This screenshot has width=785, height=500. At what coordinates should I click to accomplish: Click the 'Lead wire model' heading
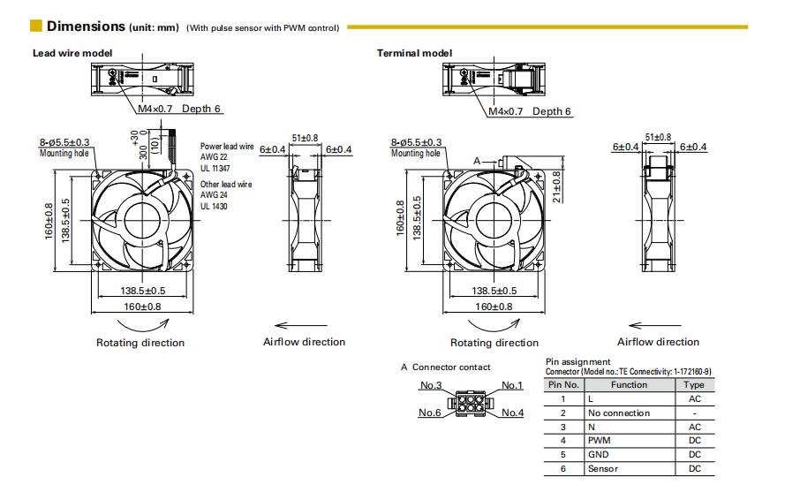[72, 53]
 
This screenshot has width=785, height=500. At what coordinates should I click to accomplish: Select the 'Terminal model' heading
[414, 53]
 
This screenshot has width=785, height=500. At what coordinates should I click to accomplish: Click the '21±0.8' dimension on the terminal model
[556, 186]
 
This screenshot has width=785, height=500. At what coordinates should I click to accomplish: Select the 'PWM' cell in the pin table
[599, 441]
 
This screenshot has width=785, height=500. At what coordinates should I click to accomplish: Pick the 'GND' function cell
[599, 455]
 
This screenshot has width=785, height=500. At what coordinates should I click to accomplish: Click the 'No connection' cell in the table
[618, 413]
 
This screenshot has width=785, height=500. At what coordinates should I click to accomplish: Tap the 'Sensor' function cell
[603, 469]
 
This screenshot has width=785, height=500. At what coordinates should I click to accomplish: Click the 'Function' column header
[629, 385]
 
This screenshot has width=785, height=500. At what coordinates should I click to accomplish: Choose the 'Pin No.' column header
[563, 385]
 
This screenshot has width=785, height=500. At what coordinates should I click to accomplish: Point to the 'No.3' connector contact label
[430, 385]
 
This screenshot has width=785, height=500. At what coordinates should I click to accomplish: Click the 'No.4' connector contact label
[512, 413]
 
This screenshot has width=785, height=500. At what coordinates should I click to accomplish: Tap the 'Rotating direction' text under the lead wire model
[140, 343]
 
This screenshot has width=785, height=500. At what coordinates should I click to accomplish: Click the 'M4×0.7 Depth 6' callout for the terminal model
[530, 111]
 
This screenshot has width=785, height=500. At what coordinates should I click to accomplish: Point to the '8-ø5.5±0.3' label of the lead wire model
[64, 142]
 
